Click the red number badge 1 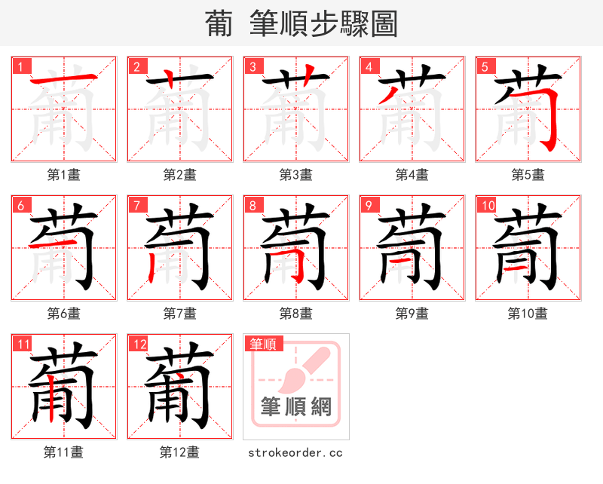click(20, 66)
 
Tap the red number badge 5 click(485, 66)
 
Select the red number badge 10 click(487, 204)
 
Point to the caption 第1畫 click(63, 174)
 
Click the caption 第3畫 click(295, 174)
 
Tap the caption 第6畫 click(63, 312)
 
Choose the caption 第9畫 click(412, 312)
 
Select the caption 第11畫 click(63, 452)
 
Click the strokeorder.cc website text click(295, 452)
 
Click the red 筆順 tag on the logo click(263, 344)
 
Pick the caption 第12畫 click(179, 452)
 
